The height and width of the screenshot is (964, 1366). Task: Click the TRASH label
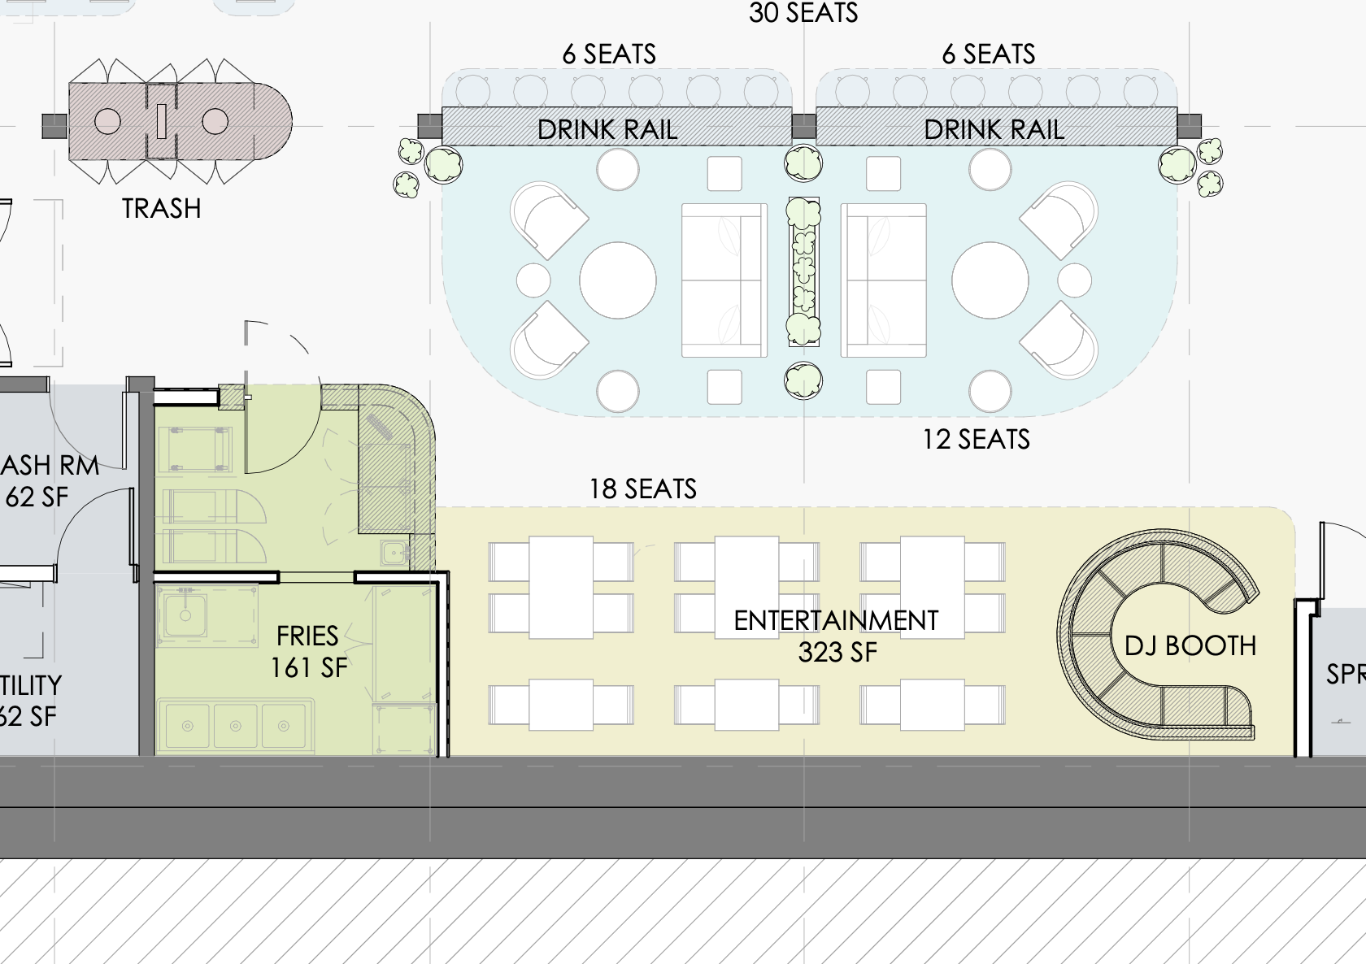161,209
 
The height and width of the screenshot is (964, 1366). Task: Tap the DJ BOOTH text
1190,646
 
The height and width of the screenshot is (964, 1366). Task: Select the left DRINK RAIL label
607,129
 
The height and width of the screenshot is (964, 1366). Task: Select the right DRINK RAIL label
994,129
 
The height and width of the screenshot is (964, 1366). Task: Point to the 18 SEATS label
642,489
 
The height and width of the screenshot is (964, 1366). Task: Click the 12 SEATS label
976,440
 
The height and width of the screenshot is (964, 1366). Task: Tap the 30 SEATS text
803,13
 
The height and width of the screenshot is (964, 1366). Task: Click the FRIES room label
307,636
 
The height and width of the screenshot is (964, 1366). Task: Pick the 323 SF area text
837,653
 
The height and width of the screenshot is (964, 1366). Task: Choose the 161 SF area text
309,668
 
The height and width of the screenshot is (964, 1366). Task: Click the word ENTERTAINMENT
836,621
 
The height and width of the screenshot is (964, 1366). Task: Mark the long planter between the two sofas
803,272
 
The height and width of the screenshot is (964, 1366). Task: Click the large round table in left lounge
618,280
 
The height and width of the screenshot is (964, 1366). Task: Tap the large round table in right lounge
990,280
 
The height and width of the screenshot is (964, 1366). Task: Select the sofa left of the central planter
724,280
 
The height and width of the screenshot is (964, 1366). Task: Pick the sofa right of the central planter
884,280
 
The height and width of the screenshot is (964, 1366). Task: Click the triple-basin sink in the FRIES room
236,725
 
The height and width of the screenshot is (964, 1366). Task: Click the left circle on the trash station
107,122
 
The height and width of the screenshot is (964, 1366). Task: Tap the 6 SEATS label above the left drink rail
609,54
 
